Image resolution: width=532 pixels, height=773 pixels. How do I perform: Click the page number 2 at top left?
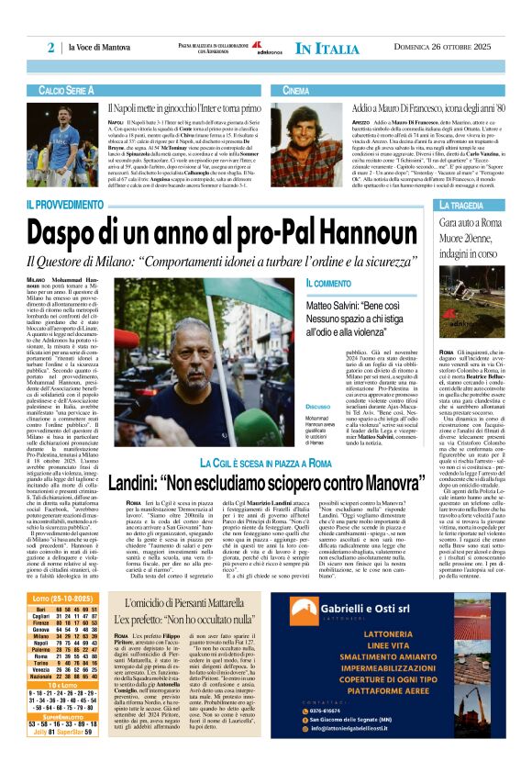point(52,47)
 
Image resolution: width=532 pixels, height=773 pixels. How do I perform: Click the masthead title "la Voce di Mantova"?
point(108,48)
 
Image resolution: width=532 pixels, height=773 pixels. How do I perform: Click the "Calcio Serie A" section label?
point(67,91)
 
